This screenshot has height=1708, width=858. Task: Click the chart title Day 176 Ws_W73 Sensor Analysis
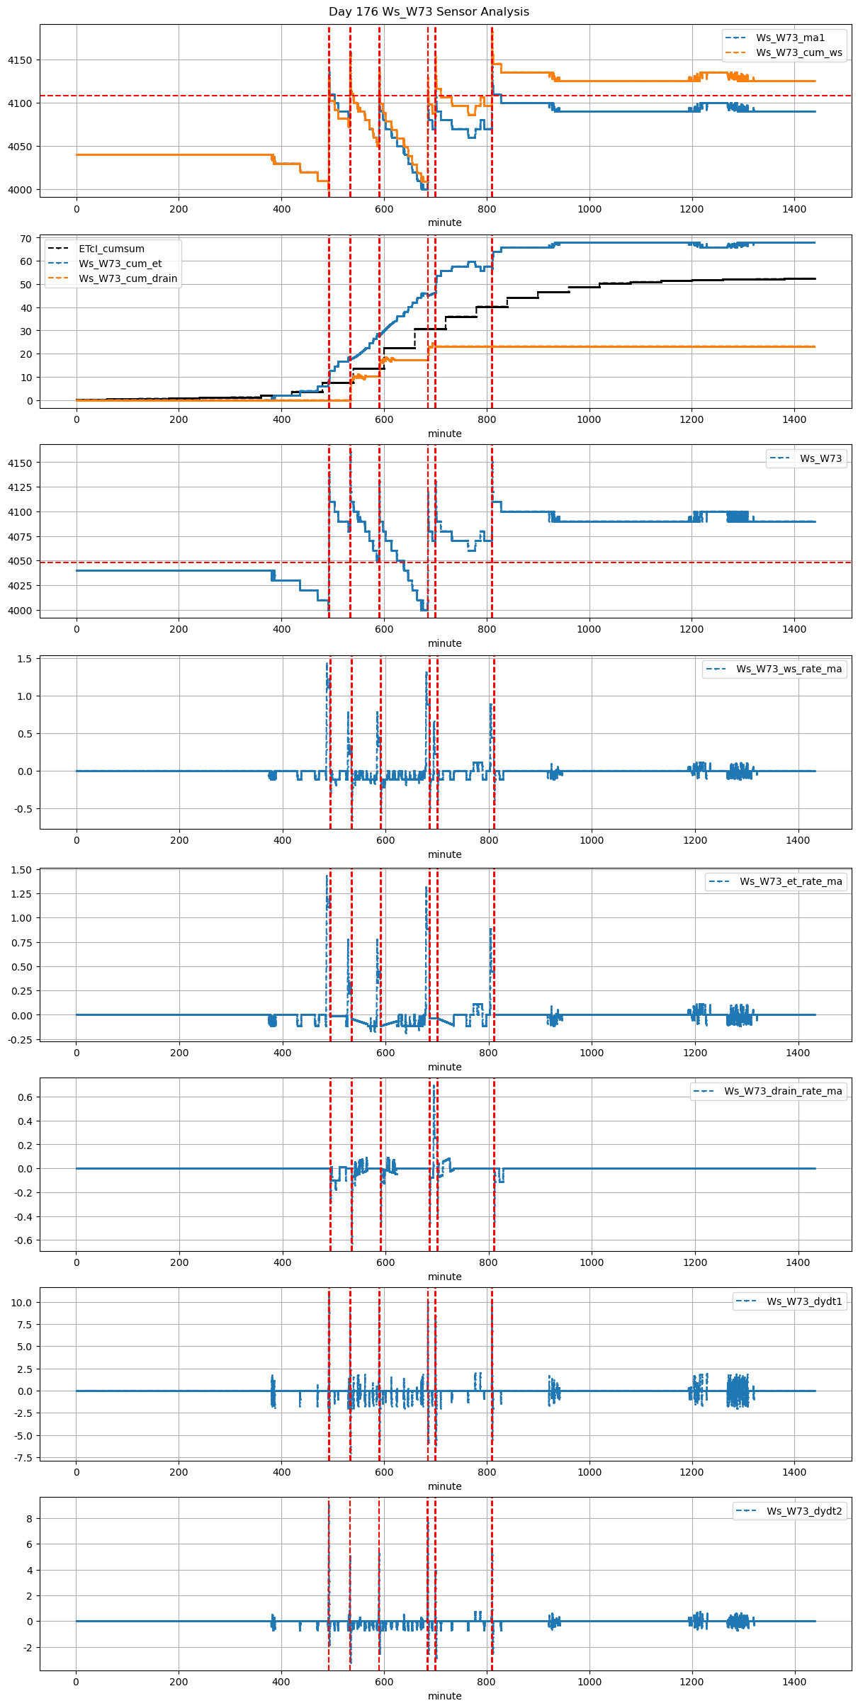[429, 12]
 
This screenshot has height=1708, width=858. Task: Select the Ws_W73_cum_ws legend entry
[799, 52]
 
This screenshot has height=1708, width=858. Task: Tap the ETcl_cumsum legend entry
[111, 249]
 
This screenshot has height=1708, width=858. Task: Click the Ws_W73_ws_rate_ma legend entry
[789, 669]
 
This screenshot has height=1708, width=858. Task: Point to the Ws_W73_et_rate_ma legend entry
[791, 881]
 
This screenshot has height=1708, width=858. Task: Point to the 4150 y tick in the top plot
[20, 60]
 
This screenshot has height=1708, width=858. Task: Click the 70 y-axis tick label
[26, 239]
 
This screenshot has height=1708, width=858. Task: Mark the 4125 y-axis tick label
[20, 487]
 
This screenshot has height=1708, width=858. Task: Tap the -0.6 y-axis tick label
[23, 1240]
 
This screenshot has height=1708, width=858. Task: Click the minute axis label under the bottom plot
[444, 1696]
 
